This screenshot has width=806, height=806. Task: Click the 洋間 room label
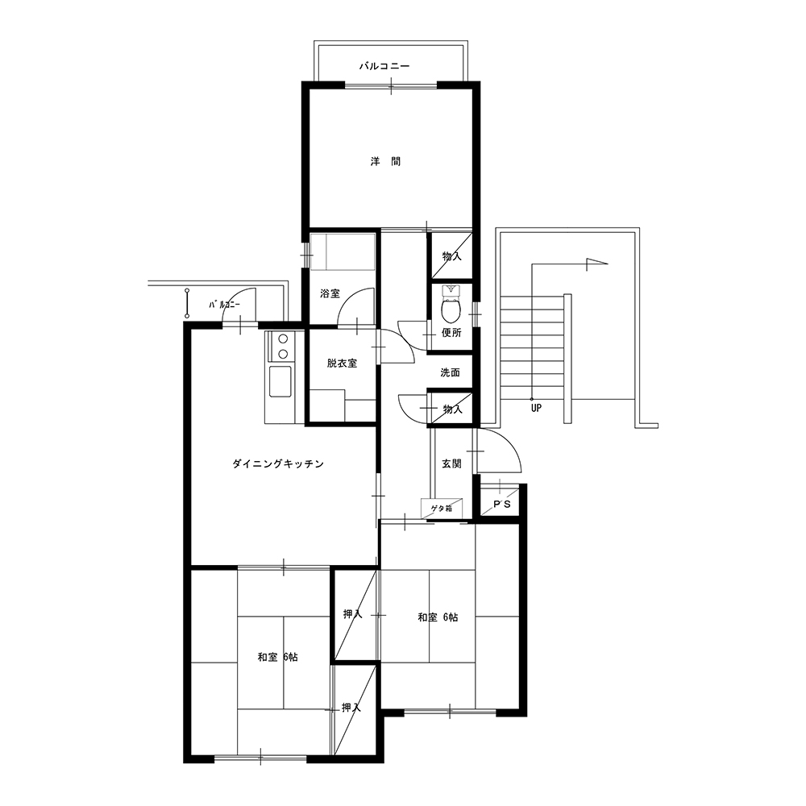tap(385, 161)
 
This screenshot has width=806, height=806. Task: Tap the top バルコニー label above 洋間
tap(384, 66)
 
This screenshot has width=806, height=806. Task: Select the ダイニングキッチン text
tap(278, 463)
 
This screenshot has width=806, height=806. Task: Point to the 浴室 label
tap(330, 293)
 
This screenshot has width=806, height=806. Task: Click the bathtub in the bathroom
tap(343, 251)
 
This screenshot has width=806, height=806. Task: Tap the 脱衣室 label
tap(342, 364)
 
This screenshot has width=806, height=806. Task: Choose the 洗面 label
tap(450, 372)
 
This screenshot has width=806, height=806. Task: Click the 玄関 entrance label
tap(452, 463)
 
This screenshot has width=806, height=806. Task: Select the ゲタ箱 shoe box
tap(442, 509)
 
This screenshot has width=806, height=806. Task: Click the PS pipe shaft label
tap(502, 505)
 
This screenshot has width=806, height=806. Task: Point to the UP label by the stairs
tap(536, 409)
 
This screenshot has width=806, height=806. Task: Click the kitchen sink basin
tap(280, 381)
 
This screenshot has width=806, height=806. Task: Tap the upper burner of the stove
tap(282, 339)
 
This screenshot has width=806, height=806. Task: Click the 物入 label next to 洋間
tap(452, 256)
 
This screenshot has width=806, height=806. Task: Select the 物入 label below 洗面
tap(453, 409)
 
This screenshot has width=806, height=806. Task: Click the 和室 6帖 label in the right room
tap(438, 617)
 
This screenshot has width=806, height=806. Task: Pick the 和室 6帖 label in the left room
tap(277, 657)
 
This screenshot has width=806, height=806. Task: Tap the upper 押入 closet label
tap(353, 613)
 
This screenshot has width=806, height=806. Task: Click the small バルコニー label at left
tap(224, 305)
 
